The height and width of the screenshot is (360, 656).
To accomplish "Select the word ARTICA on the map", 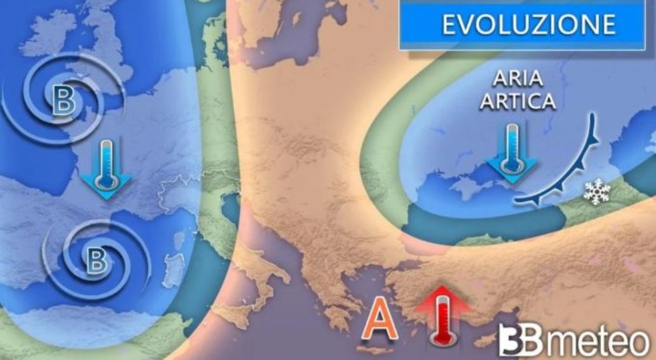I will [524, 101].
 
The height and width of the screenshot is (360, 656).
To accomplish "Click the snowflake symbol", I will [597, 192].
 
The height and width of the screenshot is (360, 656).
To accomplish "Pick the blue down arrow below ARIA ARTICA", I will [511, 153].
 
